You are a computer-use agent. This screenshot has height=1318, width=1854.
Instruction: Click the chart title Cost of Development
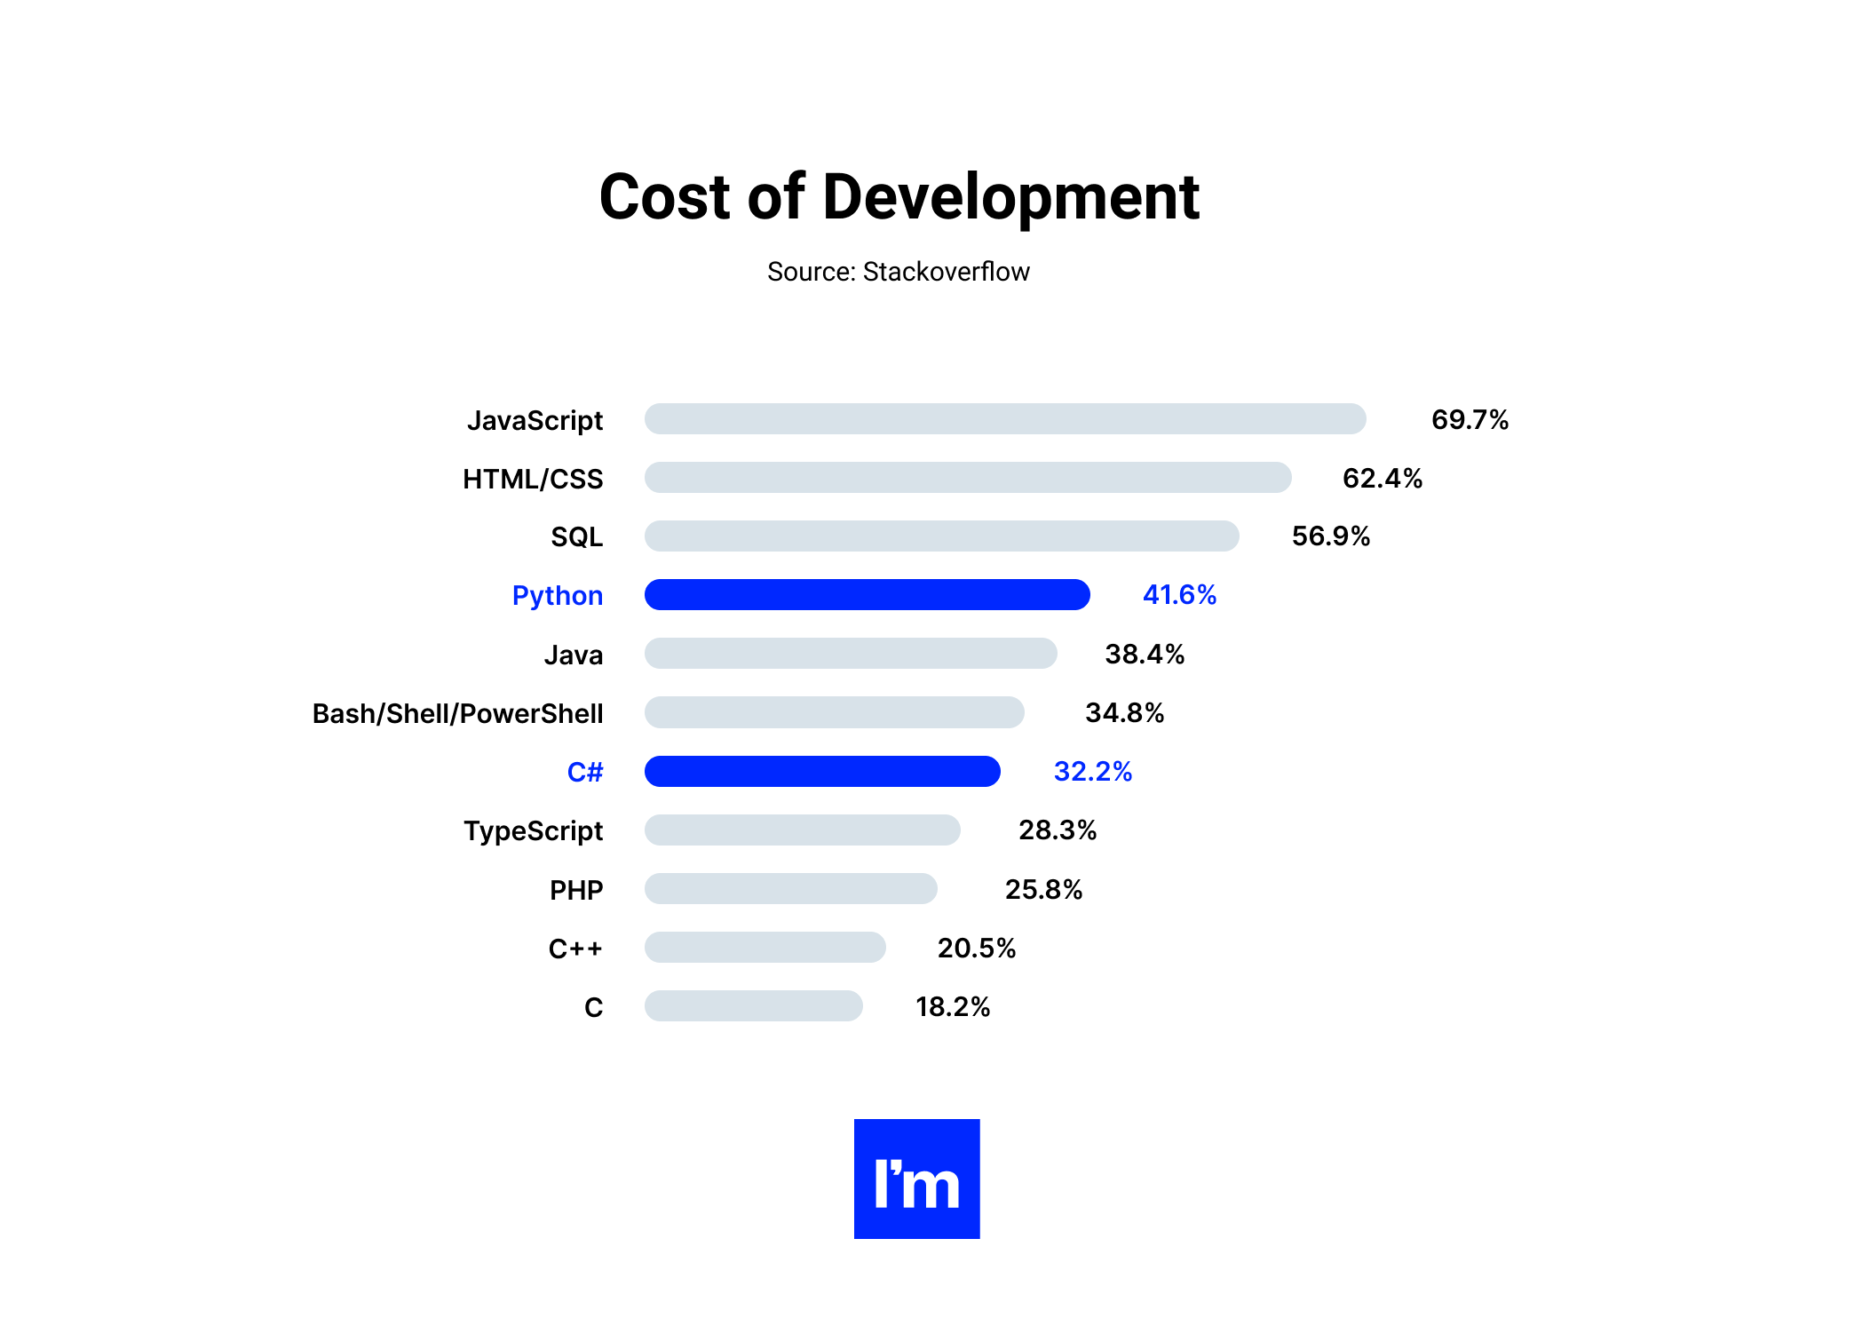tap(899, 196)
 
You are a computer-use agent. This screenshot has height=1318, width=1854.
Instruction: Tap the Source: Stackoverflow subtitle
tap(898, 272)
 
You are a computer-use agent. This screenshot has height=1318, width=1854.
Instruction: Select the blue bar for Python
tap(867, 595)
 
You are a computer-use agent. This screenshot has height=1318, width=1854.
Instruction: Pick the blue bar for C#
tap(822, 771)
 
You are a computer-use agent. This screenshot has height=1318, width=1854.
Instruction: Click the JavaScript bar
tap(1004, 419)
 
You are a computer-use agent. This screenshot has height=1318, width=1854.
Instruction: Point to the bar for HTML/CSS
tap(967, 478)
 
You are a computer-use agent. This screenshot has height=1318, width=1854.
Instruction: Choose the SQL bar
tap(941, 536)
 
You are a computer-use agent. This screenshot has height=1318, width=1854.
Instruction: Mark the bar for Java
tap(851, 654)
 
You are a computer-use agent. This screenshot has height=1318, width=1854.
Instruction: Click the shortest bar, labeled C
tap(753, 1006)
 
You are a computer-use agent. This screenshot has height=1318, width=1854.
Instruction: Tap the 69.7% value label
tap(1470, 419)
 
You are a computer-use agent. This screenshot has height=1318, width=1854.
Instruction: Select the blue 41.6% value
tap(1179, 595)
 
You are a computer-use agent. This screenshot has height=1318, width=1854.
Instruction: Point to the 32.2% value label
tap(1092, 771)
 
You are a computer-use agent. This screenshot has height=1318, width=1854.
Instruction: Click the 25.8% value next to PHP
tap(1043, 889)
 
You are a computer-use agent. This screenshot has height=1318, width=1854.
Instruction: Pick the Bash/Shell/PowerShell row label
tap(457, 713)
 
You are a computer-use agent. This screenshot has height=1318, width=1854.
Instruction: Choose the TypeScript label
tap(533, 830)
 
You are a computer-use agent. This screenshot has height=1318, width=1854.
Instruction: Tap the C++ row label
tap(575, 949)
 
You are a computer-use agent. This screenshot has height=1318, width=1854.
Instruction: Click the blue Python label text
tap(558, 595)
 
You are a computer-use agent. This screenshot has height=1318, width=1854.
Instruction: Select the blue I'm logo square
tap(916, 1179)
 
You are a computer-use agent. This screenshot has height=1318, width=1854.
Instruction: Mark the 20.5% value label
tap(976, 948)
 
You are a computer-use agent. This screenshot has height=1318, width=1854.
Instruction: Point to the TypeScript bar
tap(802, 830)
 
